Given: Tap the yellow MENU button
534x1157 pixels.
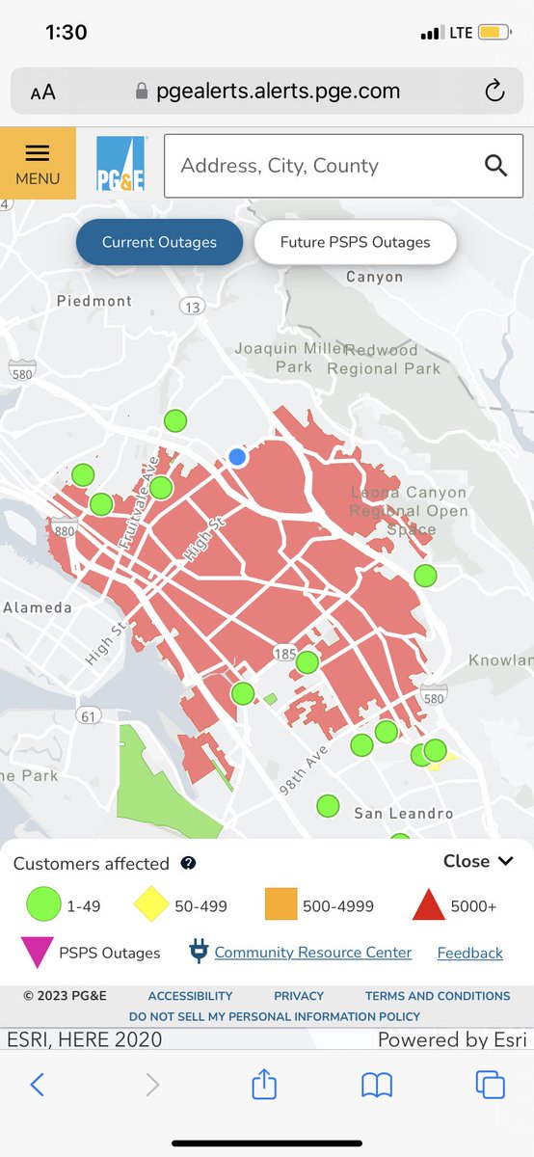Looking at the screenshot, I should [38, 164].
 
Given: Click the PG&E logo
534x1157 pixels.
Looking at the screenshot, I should [120, 164].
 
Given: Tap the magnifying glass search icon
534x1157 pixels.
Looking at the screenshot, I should [495, 165].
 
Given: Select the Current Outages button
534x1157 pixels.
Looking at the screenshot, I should [159, 242].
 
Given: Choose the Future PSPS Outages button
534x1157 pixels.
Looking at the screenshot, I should [355, 242].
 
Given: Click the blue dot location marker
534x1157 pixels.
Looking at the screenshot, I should [237, 457].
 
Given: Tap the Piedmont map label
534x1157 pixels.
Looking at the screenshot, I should [93, 301].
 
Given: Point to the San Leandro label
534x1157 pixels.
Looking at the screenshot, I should [403, 814].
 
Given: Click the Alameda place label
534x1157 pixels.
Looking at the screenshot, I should [37, 607].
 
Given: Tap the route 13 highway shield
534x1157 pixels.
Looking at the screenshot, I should [191, 307].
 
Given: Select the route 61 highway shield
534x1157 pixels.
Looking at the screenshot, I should [90, 715].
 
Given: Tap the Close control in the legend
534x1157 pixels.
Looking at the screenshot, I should [479, 861].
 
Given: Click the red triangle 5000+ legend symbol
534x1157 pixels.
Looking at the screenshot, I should [428, 905].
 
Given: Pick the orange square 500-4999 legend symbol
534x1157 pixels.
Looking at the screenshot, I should [280, 905].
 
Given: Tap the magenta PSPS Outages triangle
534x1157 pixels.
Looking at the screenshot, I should [37, 952].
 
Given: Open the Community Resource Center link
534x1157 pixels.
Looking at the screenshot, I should [312, 953].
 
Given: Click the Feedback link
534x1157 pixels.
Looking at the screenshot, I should [469, 953].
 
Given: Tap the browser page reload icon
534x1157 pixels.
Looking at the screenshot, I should [494, 92].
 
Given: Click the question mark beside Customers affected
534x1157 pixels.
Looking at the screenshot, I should [189, 864].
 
